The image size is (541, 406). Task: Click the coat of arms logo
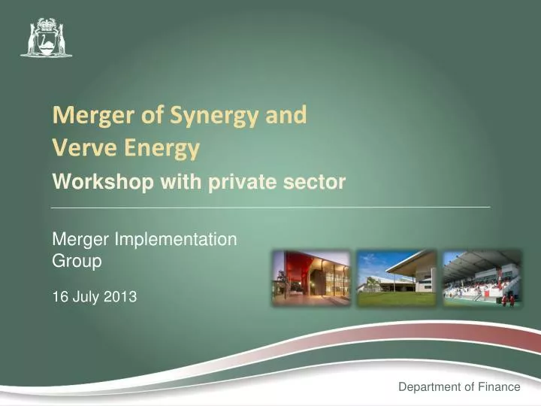click(46, 37)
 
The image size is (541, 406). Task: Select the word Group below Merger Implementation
click(76, 261)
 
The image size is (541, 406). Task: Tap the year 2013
click(120, 297)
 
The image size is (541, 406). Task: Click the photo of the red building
click(312, 277)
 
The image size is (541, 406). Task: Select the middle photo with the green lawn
click(396, 277)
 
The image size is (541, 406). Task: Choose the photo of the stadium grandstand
click(482, 277)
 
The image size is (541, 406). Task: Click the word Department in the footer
click(430, 386)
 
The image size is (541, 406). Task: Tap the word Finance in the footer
click(497, 386)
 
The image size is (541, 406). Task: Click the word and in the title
click(287, 116)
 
